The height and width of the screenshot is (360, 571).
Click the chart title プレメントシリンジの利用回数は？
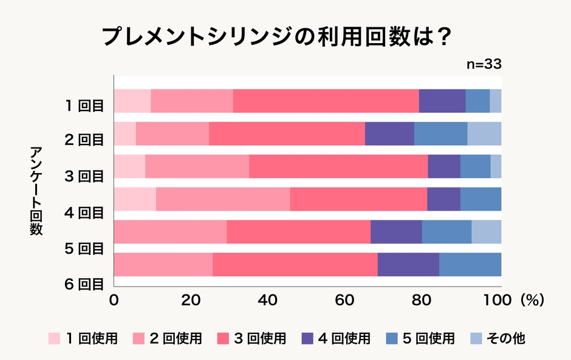tap(276, 38)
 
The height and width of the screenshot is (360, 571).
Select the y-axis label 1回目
tap(86, 105)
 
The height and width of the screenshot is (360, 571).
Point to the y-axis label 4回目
tap(86, 212)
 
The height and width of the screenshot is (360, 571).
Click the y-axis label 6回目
tap(86, 284)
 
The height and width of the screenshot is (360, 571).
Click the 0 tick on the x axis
tap(114, 301)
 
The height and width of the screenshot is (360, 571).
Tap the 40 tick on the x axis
tap(268, 301)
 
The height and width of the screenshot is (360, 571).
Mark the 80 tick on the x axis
tap(423, 301)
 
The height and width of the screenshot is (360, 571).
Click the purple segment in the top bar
tap(442, 101)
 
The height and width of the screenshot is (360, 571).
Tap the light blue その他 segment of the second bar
tap(484, 134)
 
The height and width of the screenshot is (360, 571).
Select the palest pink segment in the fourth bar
tap(135, 199)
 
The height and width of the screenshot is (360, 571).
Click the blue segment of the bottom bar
tap(470, 265)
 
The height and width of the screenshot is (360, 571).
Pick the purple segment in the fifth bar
tap(396, 232)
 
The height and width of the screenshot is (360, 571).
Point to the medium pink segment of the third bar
tap(197, 166)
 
